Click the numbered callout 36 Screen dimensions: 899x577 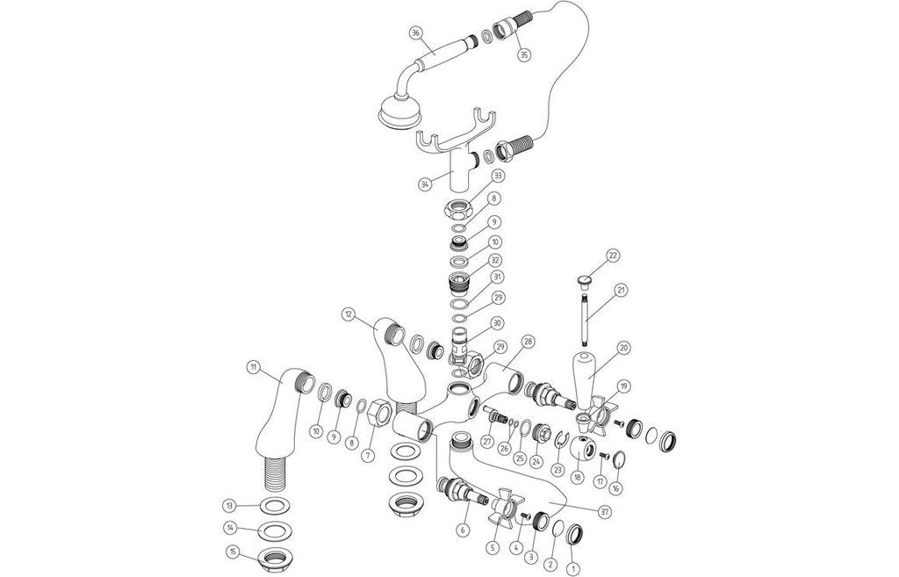(417, 32)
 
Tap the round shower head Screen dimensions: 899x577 (400, 112)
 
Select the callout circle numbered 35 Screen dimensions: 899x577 (523, 55)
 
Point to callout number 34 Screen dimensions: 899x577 (425, 184)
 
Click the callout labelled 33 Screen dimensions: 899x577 (497, 176)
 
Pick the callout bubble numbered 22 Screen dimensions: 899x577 (614, 256)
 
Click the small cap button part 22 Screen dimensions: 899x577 (583, 280)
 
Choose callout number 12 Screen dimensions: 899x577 (349, 314)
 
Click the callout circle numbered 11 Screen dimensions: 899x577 (252, 365)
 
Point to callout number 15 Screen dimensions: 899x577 (233, 552)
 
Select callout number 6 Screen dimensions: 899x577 (464, 530)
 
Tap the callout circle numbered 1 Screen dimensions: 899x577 (571, 570)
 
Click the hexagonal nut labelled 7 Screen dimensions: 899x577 (381, 415)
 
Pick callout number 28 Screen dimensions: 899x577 (528, 342)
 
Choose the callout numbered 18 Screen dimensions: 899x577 (578, 477)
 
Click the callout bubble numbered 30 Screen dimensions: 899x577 (497, 323)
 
